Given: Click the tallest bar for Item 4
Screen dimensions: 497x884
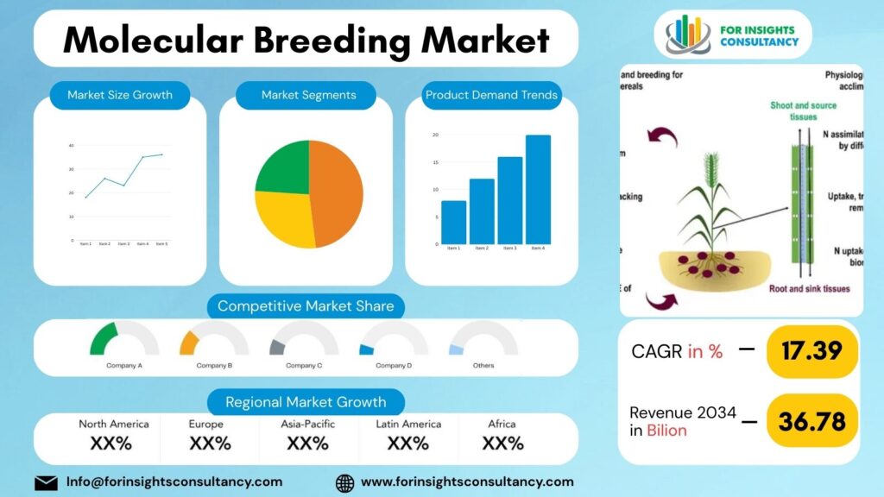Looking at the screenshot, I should pyautogui.click(x=538, y=190).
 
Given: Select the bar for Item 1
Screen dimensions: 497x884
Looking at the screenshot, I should pyautogui.click(x=453, y=223).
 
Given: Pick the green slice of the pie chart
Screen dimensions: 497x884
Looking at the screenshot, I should pyautogui.click(x=283, y=168).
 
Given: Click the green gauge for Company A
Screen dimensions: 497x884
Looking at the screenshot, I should pyautogui.click(x=103, y=337).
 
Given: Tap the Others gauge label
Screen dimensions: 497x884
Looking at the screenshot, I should pyautogui.click(x=483, y=365).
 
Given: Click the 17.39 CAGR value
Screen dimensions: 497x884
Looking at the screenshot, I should pyautogui.click(x=811, y=351).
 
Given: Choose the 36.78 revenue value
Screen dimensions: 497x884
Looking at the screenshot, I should pyautogui.click(x=811, y=422).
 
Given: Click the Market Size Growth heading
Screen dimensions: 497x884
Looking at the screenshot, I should pyautogui.click(x=120, y=95).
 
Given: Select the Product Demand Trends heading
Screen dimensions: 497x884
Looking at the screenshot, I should pyautogui.click(x=491, y=95).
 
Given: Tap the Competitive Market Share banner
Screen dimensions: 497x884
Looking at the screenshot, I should pyautogui.click(x=306, y=306).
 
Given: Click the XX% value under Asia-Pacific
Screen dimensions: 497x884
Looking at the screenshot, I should pyautogui.click(x=307, y=444).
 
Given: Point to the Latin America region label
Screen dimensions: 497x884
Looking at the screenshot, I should pyautogui.click(x=408, y=424).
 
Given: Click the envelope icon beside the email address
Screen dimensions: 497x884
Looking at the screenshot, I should pyautogui.click(x=46, y=482).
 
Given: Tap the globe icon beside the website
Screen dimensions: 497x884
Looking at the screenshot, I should pyautogui.click(x=344, y=482).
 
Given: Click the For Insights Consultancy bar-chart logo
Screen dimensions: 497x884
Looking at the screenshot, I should pyautogui.click(x=687, y=35).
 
